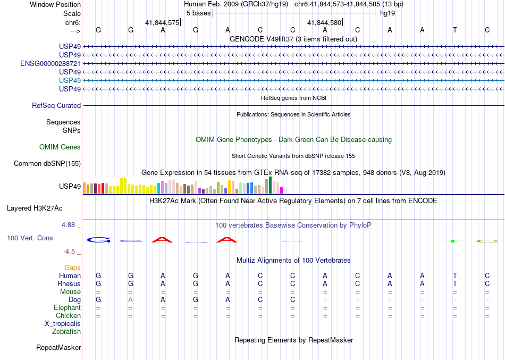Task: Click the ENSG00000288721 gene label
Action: pos(50,63)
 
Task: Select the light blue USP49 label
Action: pos(70,80)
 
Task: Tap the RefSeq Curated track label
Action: pos(56,106)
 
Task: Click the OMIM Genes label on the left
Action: pos(60,147)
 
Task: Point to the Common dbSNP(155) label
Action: pos(47,164)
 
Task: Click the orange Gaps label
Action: pos(72,268)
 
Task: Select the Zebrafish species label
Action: pos(66,332)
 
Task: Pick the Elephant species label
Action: pos(68,308)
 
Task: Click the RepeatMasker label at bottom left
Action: pos(58,348)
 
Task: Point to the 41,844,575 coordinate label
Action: pos(162,23)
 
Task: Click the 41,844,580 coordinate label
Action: pos(324,23)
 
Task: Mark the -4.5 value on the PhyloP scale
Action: pos(69,252)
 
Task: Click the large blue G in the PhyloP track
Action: pos(98,240)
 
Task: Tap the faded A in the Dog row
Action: pos(131,300)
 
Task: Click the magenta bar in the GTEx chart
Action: pos(282,190)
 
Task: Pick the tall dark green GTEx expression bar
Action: pos(271,185)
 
